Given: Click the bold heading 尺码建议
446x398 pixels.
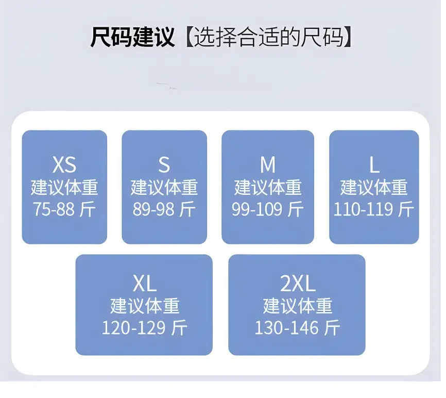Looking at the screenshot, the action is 132,37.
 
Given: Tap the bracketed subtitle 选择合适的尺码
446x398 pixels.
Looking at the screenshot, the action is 268,37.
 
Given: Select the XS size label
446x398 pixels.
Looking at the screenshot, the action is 64,165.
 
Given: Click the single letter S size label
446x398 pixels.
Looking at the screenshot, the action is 164,165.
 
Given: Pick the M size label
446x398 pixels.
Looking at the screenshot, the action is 268,165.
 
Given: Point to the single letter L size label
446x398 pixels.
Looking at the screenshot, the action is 374,165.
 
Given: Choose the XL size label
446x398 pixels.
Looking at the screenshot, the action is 145,284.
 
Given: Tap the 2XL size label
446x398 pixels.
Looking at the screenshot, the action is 298,284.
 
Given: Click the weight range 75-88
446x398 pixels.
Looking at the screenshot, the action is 54,209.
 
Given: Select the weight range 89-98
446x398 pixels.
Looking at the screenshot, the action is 153,209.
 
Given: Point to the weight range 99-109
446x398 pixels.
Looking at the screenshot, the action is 257,209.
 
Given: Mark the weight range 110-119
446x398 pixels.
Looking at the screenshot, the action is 363,209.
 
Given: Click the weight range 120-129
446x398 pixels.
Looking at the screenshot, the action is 133,328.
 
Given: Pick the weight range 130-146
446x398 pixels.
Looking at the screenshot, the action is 286,328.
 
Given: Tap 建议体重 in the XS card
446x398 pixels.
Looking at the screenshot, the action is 64,187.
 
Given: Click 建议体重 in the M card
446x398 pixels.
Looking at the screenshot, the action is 268,187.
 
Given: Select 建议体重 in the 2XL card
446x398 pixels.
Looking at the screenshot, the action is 298,306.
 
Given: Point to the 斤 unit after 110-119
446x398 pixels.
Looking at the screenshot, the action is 406,209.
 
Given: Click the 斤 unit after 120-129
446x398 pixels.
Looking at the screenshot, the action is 179,327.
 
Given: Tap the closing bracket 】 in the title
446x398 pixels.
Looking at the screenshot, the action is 348,37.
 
